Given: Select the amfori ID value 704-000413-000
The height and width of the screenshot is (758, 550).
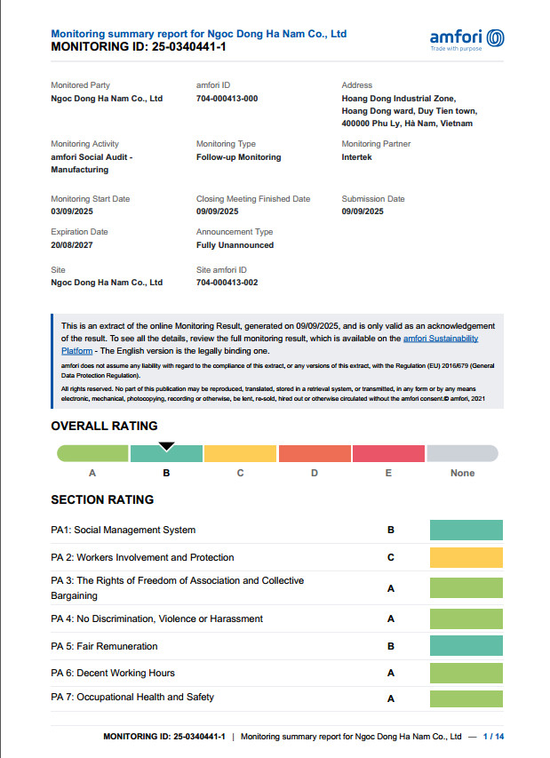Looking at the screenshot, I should click(x=227, y=99).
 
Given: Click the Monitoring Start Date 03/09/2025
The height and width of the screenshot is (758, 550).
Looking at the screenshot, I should click(x=72, y=211).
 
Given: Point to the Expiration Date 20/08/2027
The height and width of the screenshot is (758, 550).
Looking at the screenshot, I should click(x=72, y=244).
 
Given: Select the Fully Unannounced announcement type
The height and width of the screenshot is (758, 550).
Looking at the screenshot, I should click(x=235, y=244).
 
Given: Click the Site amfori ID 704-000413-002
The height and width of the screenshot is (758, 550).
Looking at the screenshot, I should click(x=227, y=283).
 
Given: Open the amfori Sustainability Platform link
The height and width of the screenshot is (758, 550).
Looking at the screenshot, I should click(x=453, y=339).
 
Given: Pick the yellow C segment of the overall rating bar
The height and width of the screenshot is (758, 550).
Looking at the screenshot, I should click(x=240, y=454).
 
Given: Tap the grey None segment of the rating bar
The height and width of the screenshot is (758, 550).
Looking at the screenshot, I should click(x=462, y=454).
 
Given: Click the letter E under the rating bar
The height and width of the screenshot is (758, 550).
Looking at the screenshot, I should click(x=388, y=473).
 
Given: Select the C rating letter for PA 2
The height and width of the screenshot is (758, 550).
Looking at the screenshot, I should click(x=391, y=558).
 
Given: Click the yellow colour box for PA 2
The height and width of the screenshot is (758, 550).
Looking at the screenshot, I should click(x=466, y=558).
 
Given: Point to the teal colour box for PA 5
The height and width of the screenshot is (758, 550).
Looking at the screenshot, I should click(x=466, y=646).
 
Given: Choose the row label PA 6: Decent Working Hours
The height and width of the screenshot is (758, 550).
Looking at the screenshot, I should click(x=113, y=673).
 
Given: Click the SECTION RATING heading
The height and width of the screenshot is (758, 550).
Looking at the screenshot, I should click(x=102, y=499).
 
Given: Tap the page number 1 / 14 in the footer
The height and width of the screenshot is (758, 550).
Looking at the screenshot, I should click(x=492, y=737).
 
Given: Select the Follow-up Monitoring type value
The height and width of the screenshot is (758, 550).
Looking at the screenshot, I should click(x=238, y=157).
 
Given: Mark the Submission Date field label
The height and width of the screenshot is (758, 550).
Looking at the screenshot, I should click(x=372, y=199).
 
